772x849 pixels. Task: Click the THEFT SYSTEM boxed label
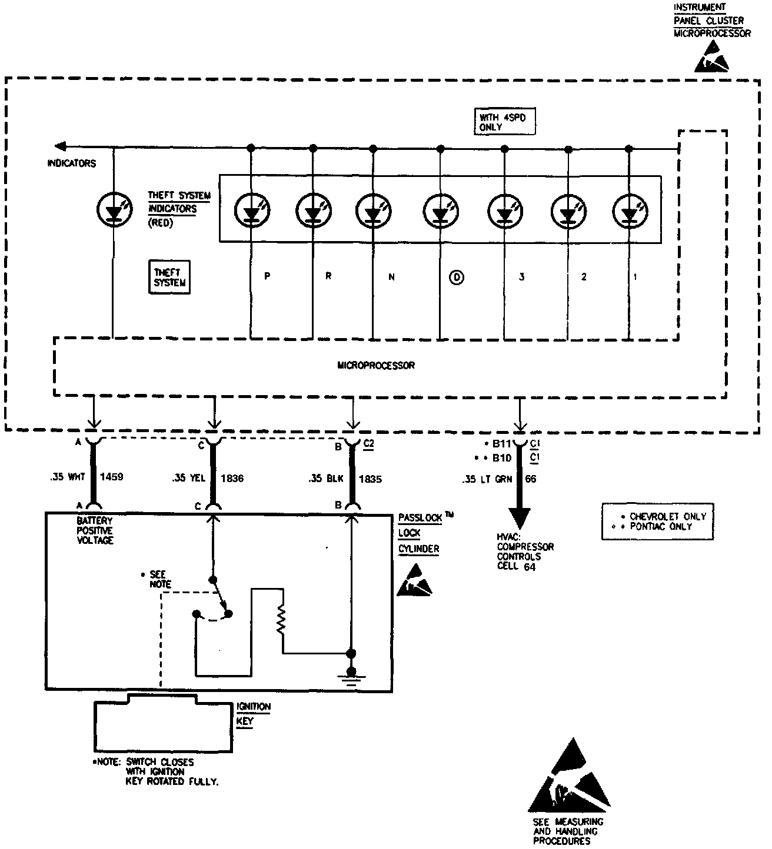point(169,277)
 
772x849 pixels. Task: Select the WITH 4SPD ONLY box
point(505,122)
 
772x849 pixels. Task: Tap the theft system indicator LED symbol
point(114,209)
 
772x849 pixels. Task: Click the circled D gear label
point(457,278)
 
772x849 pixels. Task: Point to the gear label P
point(267,276)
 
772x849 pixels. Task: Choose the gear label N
point(391,277)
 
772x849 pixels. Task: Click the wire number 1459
point(111,477)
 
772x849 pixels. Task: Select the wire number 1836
point(232,478)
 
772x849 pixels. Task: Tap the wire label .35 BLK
point(326,479)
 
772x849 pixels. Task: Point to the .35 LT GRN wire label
point(487,479)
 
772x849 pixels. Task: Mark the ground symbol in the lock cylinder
point(351,677)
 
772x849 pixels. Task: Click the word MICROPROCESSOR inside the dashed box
point(376,365)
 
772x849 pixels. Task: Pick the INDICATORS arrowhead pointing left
point(61,146)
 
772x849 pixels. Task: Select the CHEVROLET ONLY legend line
point(664,516)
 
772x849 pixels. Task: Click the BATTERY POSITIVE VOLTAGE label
point(95,530)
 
